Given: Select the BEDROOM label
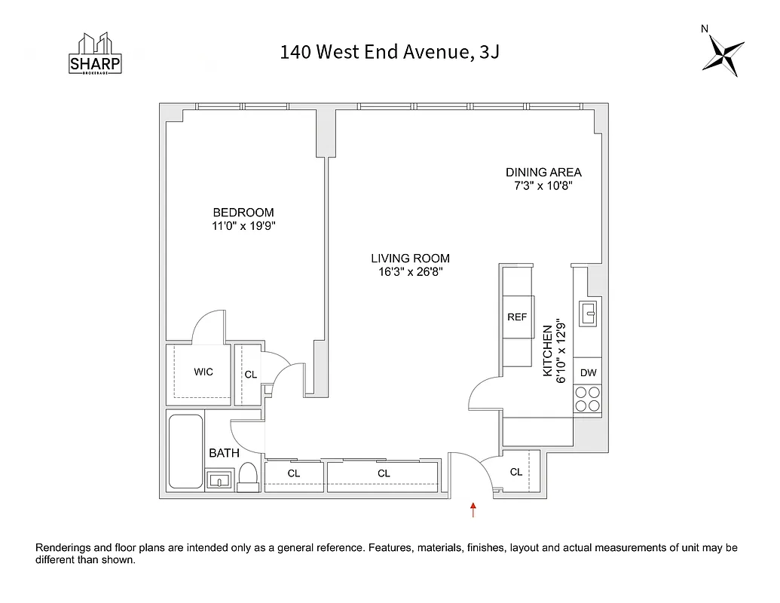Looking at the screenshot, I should (243, 213).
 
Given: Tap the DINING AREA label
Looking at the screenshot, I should (543, 172).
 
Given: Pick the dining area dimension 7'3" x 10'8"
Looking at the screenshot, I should (543, 185).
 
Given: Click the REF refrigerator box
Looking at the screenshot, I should (517, 317).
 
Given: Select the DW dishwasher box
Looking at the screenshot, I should (589, 372).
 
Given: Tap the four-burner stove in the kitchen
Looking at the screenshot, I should (588, 399).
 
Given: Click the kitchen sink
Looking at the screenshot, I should (589, 310).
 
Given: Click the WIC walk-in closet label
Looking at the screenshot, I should (203, 372).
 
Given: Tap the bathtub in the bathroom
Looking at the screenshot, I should (185, 451).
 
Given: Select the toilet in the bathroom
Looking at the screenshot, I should (248, 477).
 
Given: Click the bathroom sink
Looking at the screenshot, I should (219, 479).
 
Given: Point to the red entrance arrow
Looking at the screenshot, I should (473, 510).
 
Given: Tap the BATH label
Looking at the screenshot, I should (224, 453).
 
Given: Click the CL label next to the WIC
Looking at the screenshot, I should (251, 374).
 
